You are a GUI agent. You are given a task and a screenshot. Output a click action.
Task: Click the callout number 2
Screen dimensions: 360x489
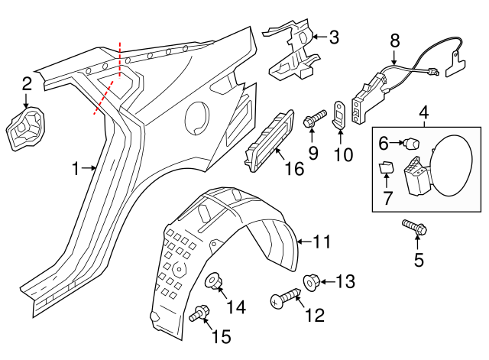pyautogui.click(x=27, y=84)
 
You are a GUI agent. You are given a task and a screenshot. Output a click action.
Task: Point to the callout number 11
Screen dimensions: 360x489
pyautogui.click(x=322, y=243)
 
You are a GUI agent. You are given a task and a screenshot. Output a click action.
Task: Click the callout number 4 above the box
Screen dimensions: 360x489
pyautogui.click(x=425, y=115)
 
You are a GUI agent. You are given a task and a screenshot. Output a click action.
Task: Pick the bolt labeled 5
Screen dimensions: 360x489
pyautogui.click(x=416, y=227)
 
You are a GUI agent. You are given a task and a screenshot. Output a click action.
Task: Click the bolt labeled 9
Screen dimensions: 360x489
pyautogui.click(x=313, y=121)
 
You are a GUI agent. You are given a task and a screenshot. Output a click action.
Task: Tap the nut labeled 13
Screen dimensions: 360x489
pyautogui.click(x=312, y=281)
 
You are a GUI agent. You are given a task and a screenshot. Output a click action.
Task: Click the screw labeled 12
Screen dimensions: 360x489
pyautogui.click(x=280, y=300)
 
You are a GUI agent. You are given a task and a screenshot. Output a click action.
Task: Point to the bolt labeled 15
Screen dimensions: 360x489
pyautogui.click(x=201, y=312)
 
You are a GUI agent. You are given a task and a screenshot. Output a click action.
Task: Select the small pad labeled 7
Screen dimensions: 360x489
pyautogui.click(x=386, y=168)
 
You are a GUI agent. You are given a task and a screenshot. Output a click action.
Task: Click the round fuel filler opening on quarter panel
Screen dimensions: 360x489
pyautogui.click(x=196, y=116)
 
